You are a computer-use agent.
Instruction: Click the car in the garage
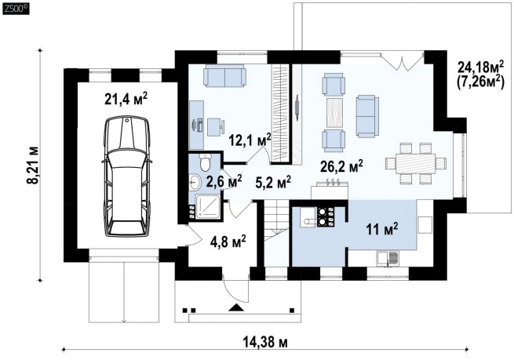[x=126, y=176]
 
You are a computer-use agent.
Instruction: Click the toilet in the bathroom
[x=206, y=162]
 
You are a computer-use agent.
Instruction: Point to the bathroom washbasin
[x=195, y=182]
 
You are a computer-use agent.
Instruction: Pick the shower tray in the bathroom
[x=208, y=206]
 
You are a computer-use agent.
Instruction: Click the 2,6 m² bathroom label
[x=224, y=181]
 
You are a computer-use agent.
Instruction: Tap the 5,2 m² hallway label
[x=273, y=183]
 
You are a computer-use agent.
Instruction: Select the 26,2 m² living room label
[x=341, y=167]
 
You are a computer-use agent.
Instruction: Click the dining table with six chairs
[x=416, y=163]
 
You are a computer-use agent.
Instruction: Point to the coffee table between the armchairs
[x=334, y=113]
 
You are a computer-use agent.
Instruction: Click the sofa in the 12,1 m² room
[x=224, y=75]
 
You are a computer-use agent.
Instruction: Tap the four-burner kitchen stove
[x=326, y=216]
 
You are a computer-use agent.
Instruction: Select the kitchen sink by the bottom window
[x=388, y=259]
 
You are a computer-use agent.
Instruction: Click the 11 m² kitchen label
[x=382, y=229]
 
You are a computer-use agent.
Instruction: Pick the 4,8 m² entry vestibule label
[x=228, y=242]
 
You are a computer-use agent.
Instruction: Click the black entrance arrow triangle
[x=236, y=307]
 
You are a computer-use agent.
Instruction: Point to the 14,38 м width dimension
[x=265, y=343]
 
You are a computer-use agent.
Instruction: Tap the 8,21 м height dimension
[x=34, y=165]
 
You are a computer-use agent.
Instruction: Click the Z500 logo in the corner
[x=16, y=9]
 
